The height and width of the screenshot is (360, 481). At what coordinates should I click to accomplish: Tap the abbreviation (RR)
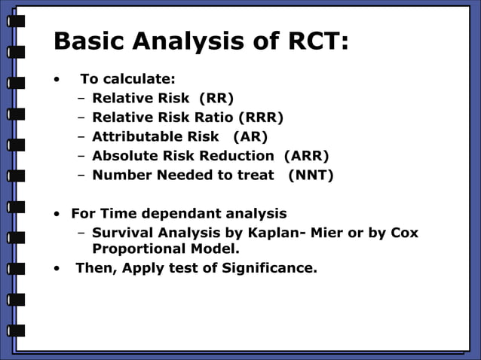coord(216,98)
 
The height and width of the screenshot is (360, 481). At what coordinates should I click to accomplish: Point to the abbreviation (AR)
coord(250,136)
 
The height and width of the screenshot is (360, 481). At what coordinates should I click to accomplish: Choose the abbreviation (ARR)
coord(307,156)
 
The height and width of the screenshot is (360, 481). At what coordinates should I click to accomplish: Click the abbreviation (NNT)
coord(311,175)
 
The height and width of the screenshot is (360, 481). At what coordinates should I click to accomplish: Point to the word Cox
coord(404,233)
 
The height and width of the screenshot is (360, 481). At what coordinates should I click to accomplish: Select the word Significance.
coord(269,267)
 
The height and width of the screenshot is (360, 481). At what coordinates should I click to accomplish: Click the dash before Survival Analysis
coord(81,233)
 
